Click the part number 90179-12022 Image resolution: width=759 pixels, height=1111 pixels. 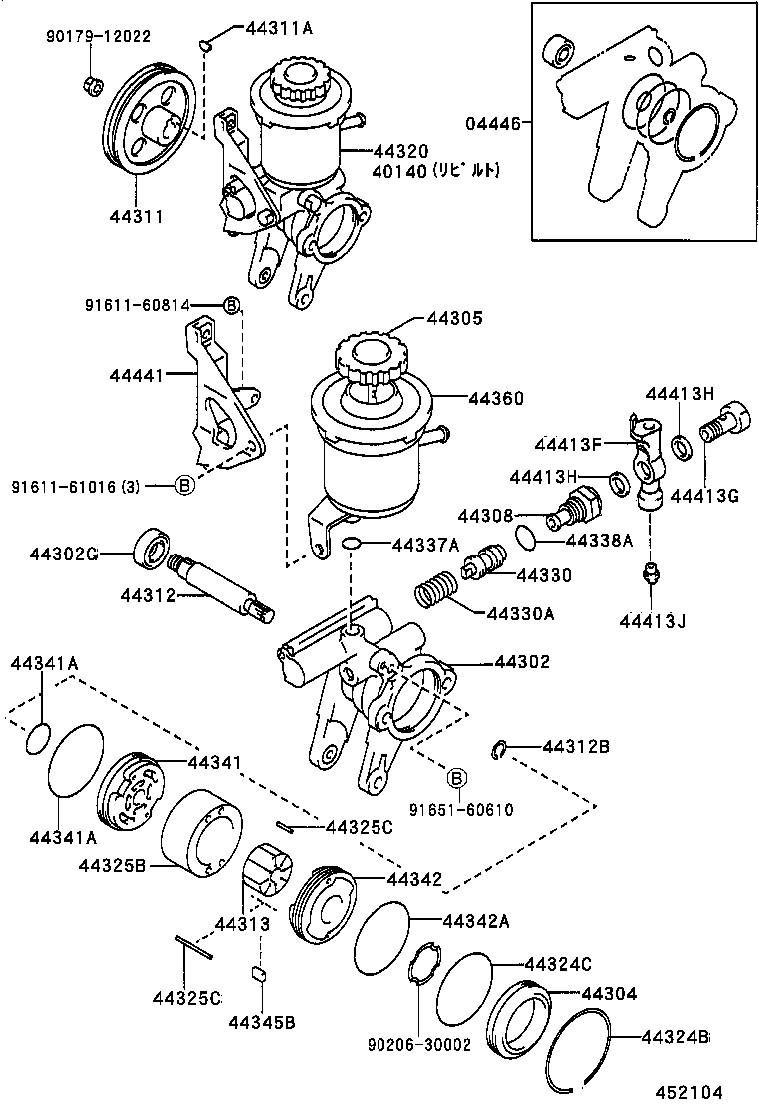pos(97,37)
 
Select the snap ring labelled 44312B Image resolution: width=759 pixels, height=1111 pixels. pos(502,750)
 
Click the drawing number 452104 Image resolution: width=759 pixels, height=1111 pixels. pos(689,1092)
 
